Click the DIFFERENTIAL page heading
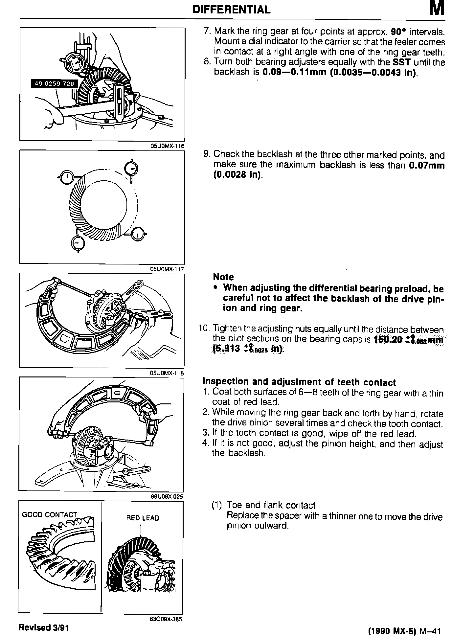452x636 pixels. click(x=232, y=10)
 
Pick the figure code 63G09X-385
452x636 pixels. click(x=166, y=619)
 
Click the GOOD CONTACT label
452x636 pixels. click(x=49, y=514)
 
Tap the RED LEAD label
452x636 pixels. click(x=143, y=518)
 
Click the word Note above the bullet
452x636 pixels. click(x=223, y=277)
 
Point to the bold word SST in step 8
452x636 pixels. click(x=402, y=62)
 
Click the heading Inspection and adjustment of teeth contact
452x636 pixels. click(x=299, y=382)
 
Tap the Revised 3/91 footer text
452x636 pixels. click(x=43, y=627)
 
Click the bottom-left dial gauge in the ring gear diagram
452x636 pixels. click(x=78, y=243)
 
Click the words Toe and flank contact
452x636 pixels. click(x=271, y=505)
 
